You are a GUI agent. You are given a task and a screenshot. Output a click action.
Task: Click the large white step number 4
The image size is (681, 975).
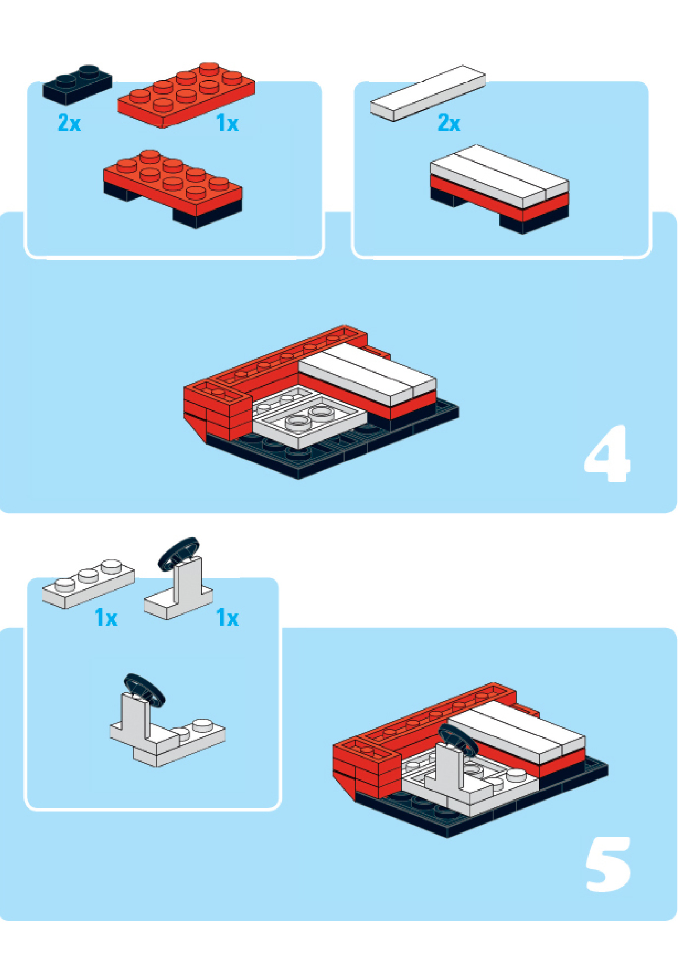coord(608,453)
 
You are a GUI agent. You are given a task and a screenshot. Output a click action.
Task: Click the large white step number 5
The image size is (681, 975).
coord(608,865)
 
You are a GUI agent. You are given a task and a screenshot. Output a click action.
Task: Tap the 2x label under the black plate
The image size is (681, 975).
coord(69,122)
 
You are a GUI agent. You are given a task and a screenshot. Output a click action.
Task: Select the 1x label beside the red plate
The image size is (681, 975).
coord(227,123)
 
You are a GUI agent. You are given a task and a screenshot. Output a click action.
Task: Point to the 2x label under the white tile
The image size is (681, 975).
coord(449,122)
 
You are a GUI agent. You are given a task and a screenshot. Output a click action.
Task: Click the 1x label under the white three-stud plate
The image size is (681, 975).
coord(106,618)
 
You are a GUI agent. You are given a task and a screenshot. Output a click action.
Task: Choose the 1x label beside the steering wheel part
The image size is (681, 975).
coord(227,618)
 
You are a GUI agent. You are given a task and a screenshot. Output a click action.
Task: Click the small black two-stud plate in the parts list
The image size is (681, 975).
coord(77,84)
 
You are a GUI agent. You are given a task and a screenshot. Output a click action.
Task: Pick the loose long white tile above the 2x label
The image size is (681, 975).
coord(428,93)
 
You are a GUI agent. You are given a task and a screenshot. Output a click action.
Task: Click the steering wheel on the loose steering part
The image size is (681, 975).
coord(178,552)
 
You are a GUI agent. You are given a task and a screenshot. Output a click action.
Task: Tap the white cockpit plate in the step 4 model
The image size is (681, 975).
coord(308,417)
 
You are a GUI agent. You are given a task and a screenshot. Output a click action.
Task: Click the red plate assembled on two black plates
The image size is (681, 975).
coord(172,189)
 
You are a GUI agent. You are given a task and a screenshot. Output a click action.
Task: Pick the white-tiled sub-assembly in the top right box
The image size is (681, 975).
coord(500,189)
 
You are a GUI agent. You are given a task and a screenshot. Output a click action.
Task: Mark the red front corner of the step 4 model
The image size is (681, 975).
coord(217,411)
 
